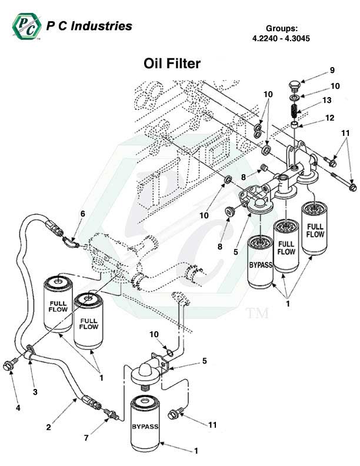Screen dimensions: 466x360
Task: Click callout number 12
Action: (329, 118)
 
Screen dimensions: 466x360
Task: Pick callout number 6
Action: (83, 214)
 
